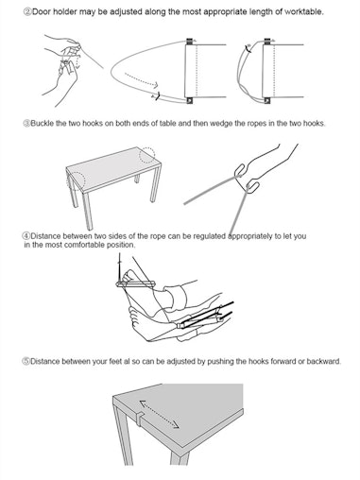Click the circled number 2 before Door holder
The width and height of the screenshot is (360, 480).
[27, 12]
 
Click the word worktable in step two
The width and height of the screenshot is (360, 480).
[303, 12]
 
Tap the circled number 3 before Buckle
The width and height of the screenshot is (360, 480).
[26, 124]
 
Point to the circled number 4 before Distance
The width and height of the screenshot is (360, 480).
[26, 236]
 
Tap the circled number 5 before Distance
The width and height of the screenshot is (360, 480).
[26, 361]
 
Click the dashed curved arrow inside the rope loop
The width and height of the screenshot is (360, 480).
[141, 80]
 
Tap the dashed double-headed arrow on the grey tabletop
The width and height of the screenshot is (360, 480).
[160, 414]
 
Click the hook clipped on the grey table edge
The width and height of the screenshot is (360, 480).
[141, 419]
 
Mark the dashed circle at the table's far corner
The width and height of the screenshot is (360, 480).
[147, 155]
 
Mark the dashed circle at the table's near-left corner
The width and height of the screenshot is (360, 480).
[76, 181]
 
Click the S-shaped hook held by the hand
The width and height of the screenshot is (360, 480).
[248, 179]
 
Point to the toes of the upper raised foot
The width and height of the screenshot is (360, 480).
[128, 276]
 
